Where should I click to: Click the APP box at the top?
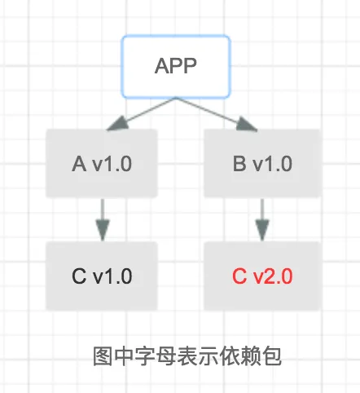pyautogui.click(x=176, y=66)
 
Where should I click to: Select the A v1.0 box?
pyautogui.click(x=102, y=163)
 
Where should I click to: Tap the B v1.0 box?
pyautogui.click(x=262, y=163)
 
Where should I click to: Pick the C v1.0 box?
pyautogui.click(x=102, y=276)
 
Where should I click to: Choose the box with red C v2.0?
pyautogui.click(x=262, y=276)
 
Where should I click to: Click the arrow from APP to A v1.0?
pyautogui.click(x=142, y=114)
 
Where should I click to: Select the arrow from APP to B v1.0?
pyautogui.click(x=217, y=114)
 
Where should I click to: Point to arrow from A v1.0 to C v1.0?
pyautogui.click(x=103, y=220)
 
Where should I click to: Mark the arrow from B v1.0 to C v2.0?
pyautogui.click(x=262, y=220)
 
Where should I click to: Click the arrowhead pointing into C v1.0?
pyautogui.click(x=103, y=230)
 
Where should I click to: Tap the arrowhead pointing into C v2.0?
pyautogui.click(x=262, y=230)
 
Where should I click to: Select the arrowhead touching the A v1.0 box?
pyautogui.click(x=116, y=125)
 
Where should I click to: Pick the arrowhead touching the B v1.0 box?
pyautogui.click(x=246, y=125)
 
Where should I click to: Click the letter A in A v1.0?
pyautogui.click(x=79, y=164)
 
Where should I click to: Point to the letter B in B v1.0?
pyautogui.click(x=239, y=164)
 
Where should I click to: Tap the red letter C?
pyautogui.click(x=239, y=276)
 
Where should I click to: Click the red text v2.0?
pyautogui.click(x=272, y=276)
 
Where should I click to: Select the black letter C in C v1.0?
pyautogui.click(x=79, y=276)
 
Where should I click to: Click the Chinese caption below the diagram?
pyautogui.click(x=187, y=356)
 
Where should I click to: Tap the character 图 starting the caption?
pyautogui.click(x=103, y=356)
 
